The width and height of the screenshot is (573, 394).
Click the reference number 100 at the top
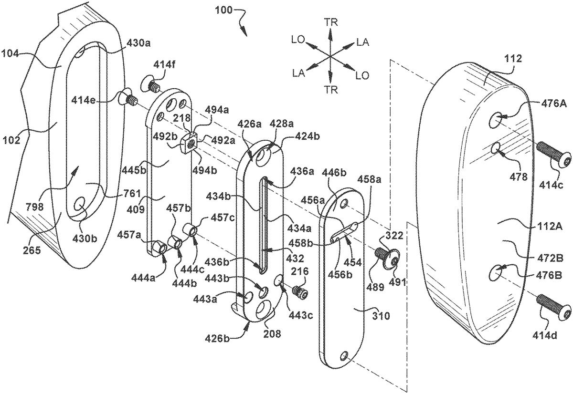pos(223,10)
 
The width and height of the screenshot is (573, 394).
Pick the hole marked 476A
pos(496,120)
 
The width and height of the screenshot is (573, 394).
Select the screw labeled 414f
pos(151,84)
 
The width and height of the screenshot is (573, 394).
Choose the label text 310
pos(381,316)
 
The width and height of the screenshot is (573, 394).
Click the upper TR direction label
pos(332,22)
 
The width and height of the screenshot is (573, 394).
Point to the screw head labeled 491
pos(393,260)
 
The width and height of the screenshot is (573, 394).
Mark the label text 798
pos(35,207)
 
